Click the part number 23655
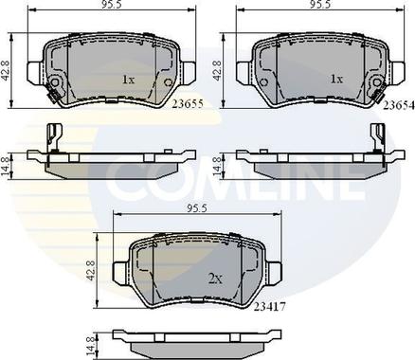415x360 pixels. [188, 104]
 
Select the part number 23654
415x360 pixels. [399, 106]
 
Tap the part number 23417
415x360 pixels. [270, 307]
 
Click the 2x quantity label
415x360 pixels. [215, 279]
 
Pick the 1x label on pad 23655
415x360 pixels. [128, 80]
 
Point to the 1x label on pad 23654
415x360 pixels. [336, 79]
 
